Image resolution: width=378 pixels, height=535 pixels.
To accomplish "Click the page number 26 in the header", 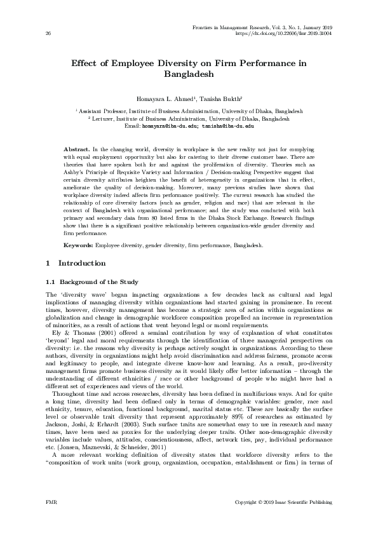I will [48, 33].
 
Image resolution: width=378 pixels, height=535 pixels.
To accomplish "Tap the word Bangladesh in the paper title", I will [189, 74].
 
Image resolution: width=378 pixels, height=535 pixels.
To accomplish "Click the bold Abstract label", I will [76, 147].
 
